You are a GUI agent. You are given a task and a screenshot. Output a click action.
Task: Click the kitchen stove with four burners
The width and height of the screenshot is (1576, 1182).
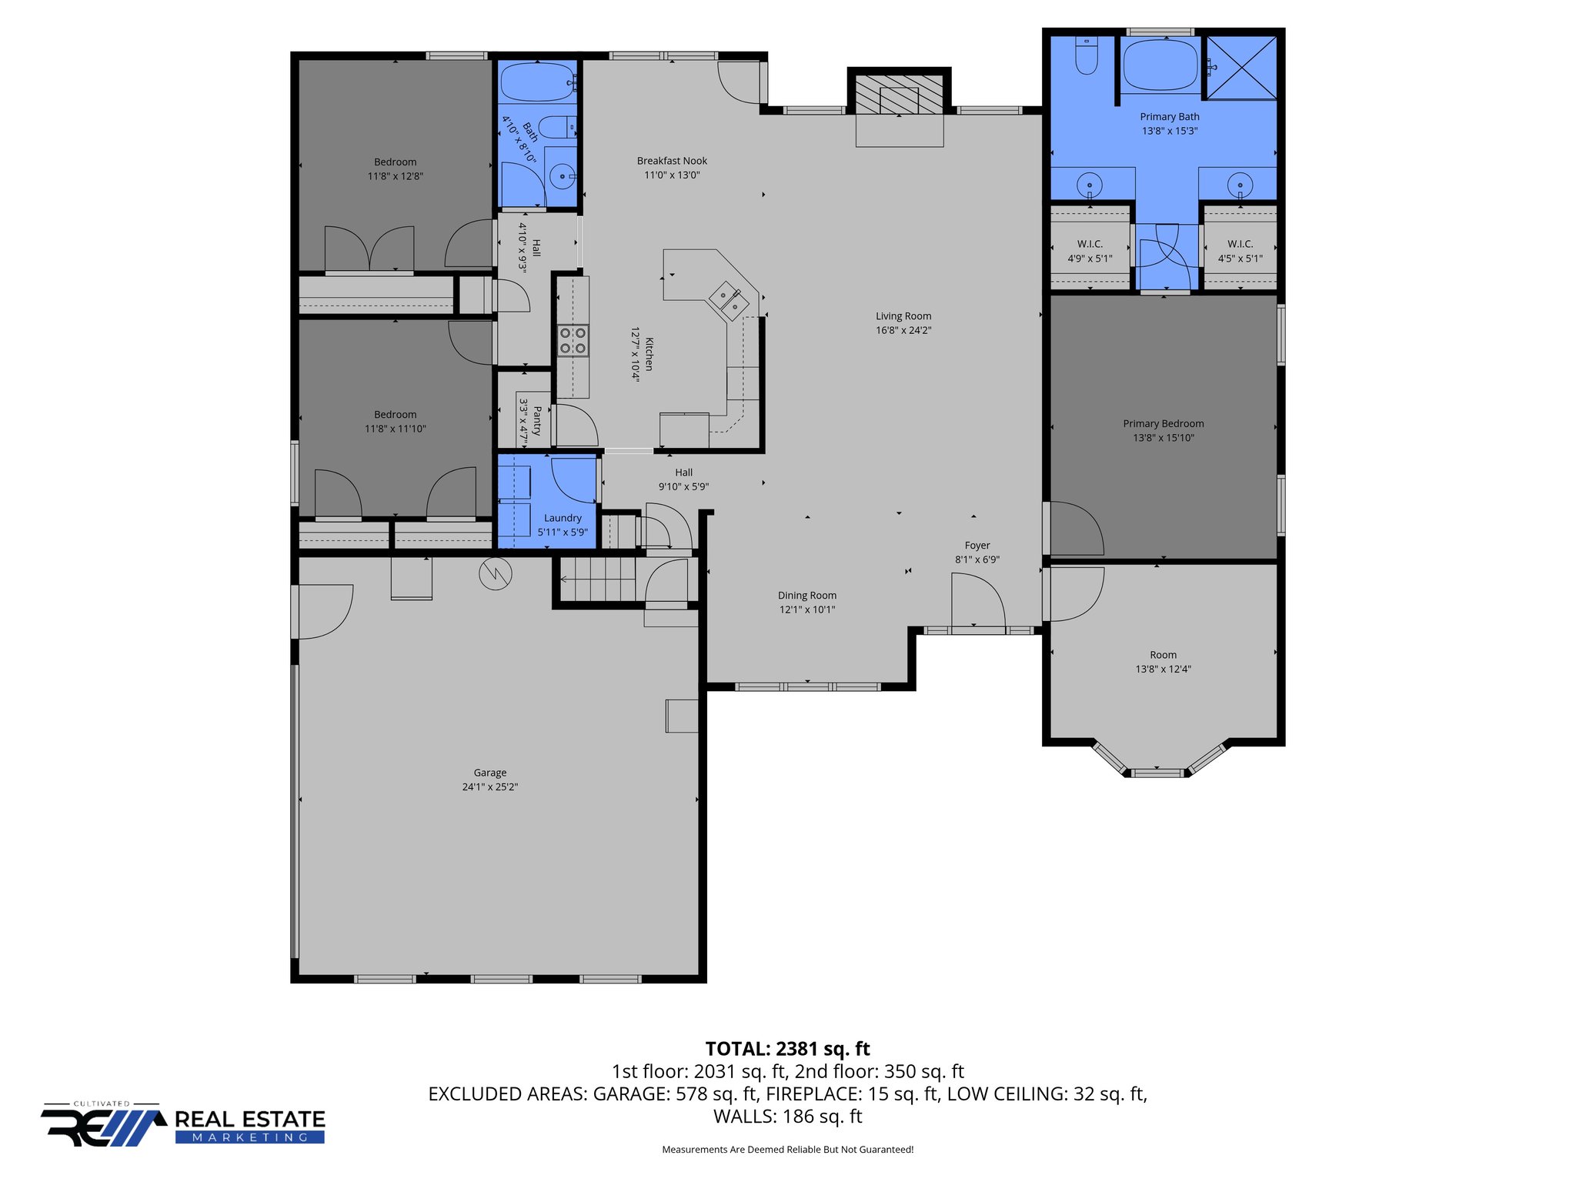573,341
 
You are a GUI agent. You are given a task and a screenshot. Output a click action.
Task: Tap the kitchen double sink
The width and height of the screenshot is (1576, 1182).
729,301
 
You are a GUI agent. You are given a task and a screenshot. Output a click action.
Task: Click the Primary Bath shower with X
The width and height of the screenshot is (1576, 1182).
1240,68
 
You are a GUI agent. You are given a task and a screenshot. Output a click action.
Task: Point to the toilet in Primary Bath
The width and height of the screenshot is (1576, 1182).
1086,58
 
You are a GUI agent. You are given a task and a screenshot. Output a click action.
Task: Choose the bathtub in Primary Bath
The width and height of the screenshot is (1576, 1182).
1160,65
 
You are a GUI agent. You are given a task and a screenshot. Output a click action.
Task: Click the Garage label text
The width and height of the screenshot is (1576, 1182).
490,773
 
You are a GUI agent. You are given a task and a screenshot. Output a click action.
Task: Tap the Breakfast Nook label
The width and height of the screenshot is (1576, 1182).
672,161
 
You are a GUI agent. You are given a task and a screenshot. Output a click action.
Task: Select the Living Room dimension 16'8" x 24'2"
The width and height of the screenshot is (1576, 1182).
903,330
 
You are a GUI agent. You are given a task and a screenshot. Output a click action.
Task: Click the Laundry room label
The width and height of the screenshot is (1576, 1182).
563,518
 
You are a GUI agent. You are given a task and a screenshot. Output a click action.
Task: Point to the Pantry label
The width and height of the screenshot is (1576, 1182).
537,422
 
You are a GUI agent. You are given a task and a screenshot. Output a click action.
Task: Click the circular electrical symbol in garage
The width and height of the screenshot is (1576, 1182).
496,573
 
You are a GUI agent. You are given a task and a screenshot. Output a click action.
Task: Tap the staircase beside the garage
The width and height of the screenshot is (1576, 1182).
597,579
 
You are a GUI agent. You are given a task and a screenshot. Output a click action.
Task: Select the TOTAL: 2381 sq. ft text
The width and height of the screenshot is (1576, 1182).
787,1049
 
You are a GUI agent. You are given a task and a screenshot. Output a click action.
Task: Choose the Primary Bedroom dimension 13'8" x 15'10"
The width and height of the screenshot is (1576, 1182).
1163,438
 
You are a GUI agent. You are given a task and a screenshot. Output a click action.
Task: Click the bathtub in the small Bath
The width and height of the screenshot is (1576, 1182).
536,82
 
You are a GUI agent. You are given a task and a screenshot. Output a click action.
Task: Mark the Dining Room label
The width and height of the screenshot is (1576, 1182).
806,596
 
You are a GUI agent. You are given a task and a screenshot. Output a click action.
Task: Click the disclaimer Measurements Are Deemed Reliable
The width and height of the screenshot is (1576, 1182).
787,1150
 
